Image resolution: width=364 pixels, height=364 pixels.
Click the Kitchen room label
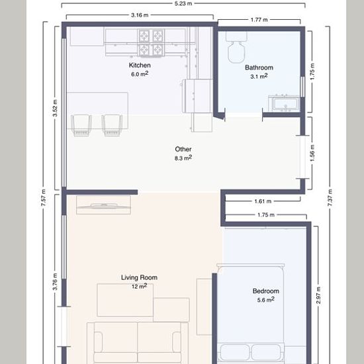140,66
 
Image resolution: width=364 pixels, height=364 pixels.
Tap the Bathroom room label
259,68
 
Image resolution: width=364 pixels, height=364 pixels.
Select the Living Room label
139,277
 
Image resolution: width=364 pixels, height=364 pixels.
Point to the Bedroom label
266,291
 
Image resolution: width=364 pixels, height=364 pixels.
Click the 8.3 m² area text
183,158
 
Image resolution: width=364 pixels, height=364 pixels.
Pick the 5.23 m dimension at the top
183,3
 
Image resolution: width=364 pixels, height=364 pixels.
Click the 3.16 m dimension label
140,15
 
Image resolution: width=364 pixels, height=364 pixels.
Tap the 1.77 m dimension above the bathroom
259,20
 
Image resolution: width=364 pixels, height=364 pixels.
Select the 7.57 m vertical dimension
44,198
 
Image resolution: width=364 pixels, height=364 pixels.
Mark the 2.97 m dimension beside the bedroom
318,295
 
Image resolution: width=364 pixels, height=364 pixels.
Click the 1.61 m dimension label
263,201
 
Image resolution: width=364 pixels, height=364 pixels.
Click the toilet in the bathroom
236,48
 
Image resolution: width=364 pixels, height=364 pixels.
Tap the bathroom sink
284,103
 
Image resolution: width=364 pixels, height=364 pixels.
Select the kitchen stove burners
151,43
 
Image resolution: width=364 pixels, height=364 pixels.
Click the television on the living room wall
103,205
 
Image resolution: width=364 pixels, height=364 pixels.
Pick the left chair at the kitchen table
81,125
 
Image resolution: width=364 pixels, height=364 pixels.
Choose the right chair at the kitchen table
112,125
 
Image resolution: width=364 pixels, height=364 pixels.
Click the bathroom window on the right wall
302,87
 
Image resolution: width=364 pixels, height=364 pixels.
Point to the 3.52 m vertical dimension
55,108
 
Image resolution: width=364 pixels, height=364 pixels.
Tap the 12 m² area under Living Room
139,286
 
